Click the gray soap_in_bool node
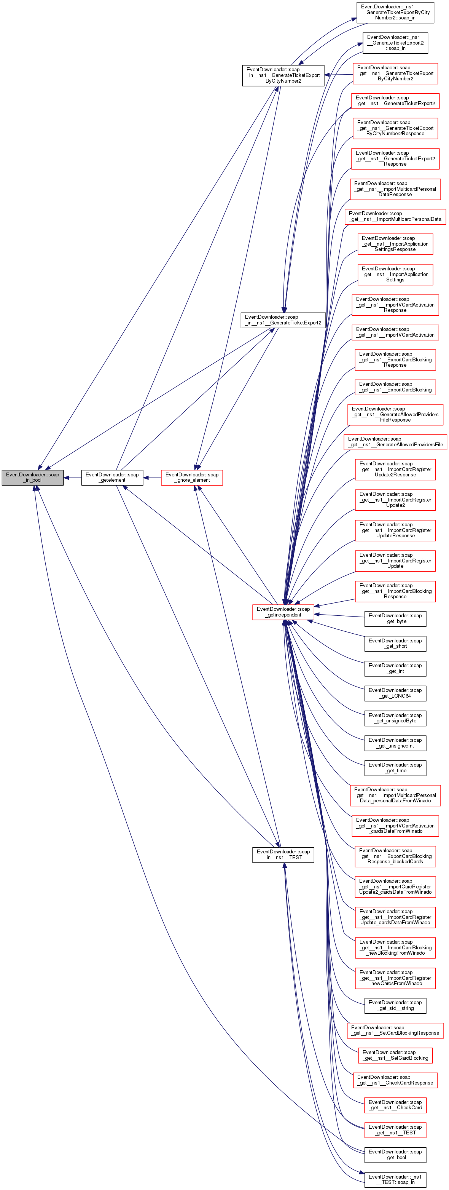pyautogui.click(x=32, y=477)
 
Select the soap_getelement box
pyautogui.click(x=112, y=477)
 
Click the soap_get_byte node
pyautogui.click(x=395, y=618)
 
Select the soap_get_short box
pyautogui.click(x=395, y=643)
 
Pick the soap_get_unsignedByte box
pyautogui.click(x=395, y=718)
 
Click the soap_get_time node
pyautogui.click(x=395, y=767)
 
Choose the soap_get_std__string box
pyautogui.click(x=395, y=1005)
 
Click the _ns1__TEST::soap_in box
pyautogui.click(x=395, y=1179)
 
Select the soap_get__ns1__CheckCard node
pyautogui.click(x=395, y=1105)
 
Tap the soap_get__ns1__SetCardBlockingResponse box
pyautogui.click(x=395, y=1030)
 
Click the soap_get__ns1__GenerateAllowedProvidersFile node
pyautogui.click(x=395, y=442)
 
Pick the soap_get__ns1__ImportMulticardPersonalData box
pyautogui.click(x=395, y=216)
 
